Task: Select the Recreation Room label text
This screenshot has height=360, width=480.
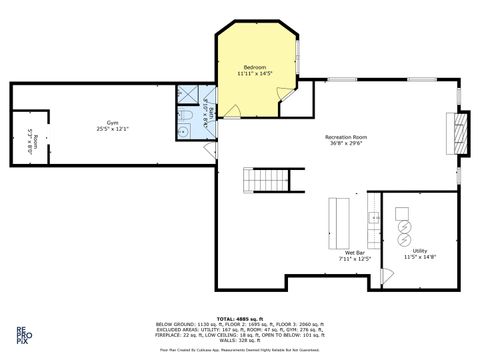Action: click(x=347, y=136)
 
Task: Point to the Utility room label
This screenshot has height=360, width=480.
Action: click(x=420, y=250)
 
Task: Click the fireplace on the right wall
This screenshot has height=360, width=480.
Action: click(x=459, y=130)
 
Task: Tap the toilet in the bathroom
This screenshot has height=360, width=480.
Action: click(x=186, y=130)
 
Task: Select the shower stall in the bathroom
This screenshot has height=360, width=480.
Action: click(x=187, y=96)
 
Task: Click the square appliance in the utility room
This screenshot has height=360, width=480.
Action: click(x=403, y=213)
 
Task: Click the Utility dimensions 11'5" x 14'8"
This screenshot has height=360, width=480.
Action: click(x=420, y=257)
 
